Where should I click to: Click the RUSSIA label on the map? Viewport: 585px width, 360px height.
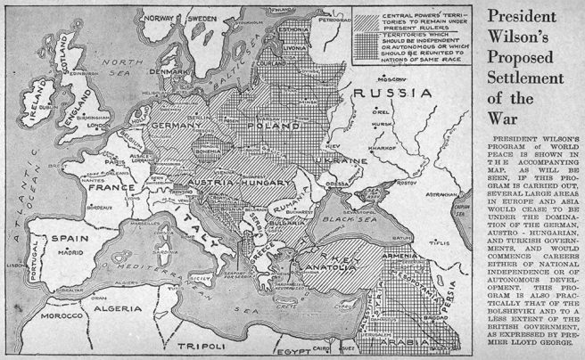(x=392, y=93)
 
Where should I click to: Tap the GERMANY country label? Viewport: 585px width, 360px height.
(x=178, y=127)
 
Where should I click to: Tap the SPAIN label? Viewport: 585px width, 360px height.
(x=68, y=239)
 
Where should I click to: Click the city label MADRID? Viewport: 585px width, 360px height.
(x=71, y=252)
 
